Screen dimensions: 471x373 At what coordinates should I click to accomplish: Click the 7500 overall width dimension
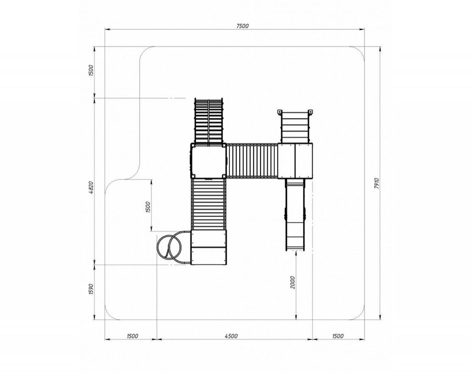tap(242, 26)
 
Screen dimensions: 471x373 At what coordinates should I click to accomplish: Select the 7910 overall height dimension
tap(377, 183)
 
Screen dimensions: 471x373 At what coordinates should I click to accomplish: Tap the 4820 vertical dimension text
tap(92, 187)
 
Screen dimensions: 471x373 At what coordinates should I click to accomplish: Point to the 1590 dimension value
tap(92, 289)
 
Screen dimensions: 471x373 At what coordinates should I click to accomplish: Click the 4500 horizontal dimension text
tap(231, 336)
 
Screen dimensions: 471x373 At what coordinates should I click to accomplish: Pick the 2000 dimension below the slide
tap(293, 282)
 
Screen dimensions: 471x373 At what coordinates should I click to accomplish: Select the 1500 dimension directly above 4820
tap(92, 70)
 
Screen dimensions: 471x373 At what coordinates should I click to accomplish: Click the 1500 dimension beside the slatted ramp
tap(148, 207)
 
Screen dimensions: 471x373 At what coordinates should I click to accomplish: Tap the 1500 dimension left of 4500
tap(132, 336)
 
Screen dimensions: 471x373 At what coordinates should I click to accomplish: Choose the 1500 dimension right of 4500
tap(338, 336)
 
